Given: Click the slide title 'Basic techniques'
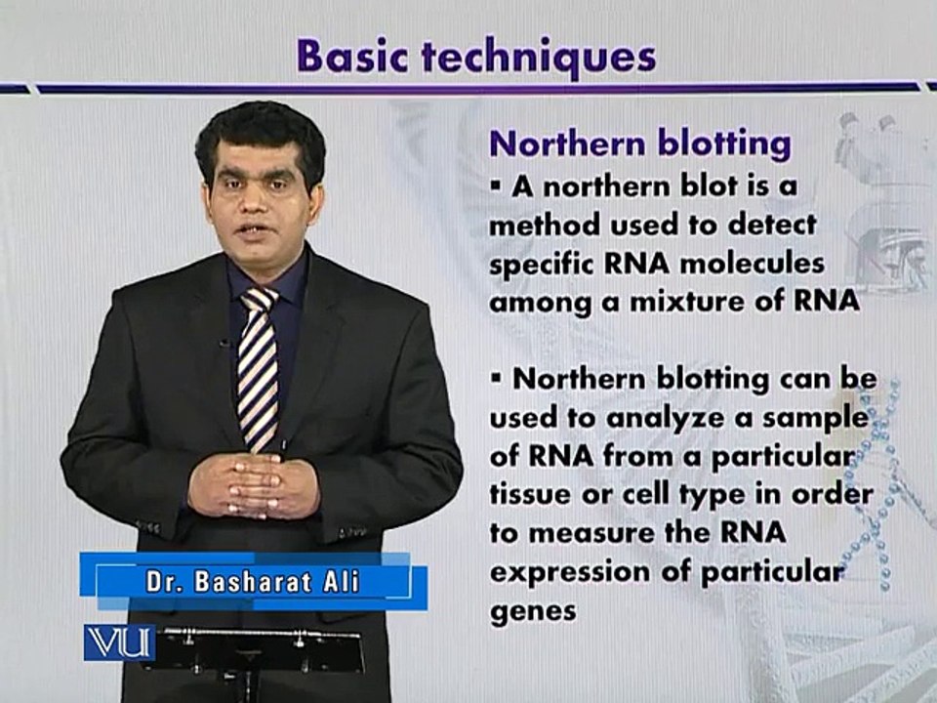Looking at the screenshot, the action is [x=476, y=58].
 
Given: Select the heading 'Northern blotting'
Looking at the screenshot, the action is [x=640, y=145].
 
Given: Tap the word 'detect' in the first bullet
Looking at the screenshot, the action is [x=772, y=225].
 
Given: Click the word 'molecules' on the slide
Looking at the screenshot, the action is [x=752, y=264].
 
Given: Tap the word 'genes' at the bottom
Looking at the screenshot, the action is [x=533, y=612].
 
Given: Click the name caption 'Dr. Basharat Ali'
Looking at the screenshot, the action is [x=253, y=582].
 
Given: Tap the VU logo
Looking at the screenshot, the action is [x=119, y=642].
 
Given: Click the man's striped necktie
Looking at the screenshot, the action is [x=258, y=369].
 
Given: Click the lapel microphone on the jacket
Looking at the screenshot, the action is [x=225, y=343].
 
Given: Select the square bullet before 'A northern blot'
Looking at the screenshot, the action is [x=496, y=186].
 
